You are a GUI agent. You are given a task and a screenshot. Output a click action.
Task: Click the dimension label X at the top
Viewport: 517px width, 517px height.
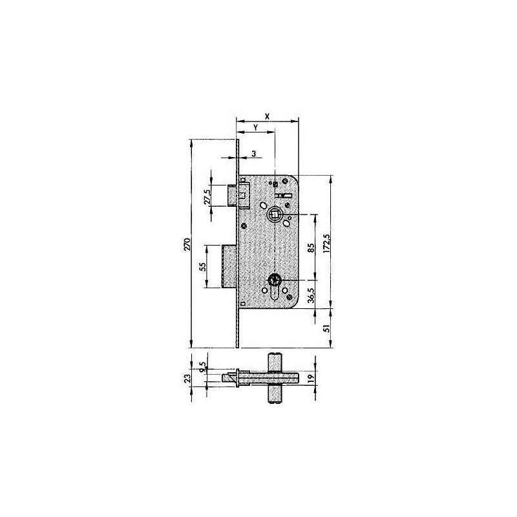coord(268,116)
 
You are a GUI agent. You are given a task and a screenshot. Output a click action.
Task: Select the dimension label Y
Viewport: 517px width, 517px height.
coord(255,127)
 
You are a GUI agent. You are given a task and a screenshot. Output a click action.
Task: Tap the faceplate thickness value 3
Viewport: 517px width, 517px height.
coord(253,154)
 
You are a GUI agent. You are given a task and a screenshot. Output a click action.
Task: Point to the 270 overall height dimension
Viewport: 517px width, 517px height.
coord(187,244)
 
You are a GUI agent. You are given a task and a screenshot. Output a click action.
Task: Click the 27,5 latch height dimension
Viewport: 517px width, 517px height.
coord(207,197)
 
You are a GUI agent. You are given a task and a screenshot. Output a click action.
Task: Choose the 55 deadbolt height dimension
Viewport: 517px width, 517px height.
coord(203,266)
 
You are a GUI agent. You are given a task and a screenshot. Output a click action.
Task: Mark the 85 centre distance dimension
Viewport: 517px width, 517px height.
coord(311,248)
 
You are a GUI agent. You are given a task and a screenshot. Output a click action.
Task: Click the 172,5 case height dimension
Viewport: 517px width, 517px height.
coord(326,244)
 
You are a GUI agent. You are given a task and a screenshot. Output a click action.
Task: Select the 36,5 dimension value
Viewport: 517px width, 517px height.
coord(311,295)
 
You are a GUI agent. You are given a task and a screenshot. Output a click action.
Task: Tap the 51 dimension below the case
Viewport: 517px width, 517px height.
coord(326,328)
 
